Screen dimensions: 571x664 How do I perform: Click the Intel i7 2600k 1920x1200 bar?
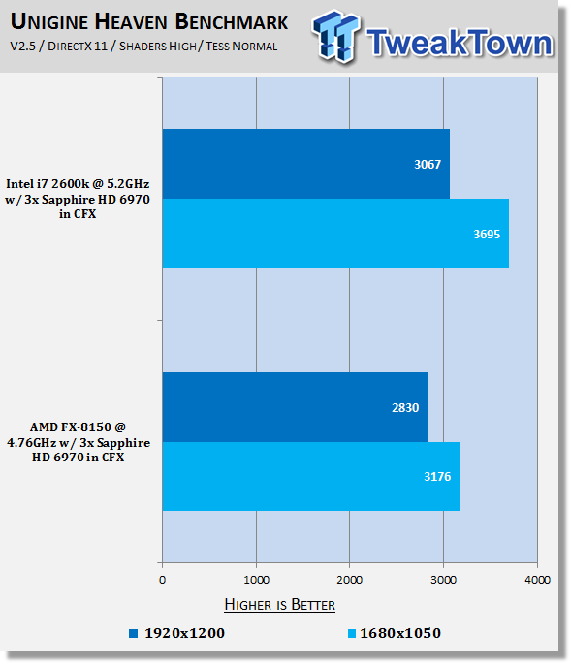pos(305,164)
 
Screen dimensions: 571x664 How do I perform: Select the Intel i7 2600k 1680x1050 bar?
pos(335,233)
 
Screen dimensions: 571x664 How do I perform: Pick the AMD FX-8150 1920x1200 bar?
pos(295,407)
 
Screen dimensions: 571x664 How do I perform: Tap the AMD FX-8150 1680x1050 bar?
pos(311,476)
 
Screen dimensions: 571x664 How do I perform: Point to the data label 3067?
pos(428,165)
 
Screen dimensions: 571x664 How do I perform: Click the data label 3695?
pos(487,235)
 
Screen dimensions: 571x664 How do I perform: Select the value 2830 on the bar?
pos(405,408)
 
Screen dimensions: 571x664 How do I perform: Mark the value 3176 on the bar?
pos(437,477)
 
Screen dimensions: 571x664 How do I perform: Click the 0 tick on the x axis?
pos(162,580)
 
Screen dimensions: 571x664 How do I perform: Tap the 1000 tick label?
pos(256,580)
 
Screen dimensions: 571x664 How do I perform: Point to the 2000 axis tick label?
pos(349,580)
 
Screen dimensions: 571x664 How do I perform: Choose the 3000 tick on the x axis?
pos(443,580)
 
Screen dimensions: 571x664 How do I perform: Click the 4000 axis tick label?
pos(537,580)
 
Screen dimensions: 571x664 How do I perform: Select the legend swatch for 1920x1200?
pos(134,634)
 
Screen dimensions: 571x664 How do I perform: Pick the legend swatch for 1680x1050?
pos(352,634)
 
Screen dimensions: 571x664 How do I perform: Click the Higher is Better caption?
pos(279,604)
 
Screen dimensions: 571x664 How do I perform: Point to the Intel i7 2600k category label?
pos(78,199)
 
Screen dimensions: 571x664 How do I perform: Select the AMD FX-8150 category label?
pos(79,442)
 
